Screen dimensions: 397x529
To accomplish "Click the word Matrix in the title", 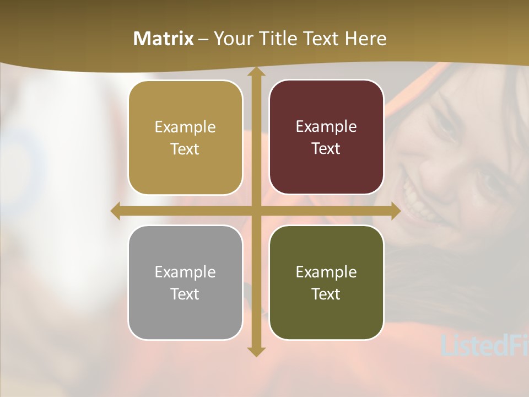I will click(164, 39).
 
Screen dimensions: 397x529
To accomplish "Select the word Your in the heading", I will click(234, 39).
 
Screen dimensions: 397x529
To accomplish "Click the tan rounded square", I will click(185, 137).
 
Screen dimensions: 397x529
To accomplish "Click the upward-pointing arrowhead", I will click(256, 73).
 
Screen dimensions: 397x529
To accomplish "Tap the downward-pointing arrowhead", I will click(256, 351).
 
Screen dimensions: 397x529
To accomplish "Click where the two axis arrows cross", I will click(256, 211).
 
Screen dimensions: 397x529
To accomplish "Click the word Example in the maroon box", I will click(326, 126).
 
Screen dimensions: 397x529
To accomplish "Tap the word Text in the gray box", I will click(185, 294).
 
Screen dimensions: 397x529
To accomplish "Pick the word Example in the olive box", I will click(326, 272).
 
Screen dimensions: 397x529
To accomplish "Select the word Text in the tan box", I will click(185, 149).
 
